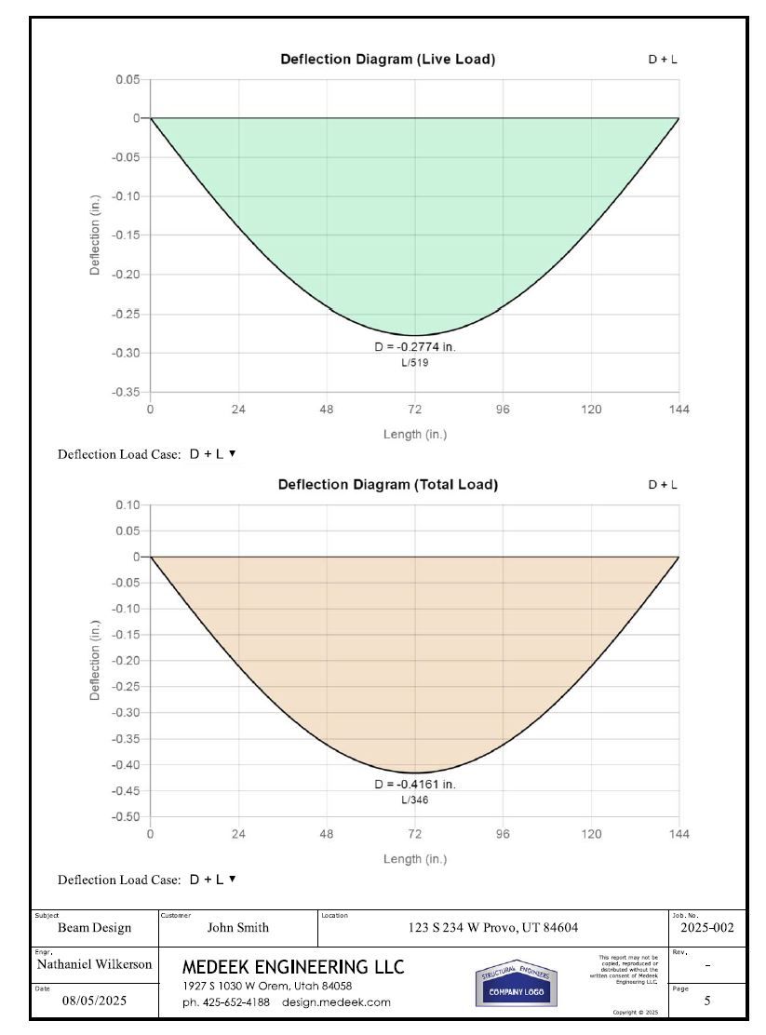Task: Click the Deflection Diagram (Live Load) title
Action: pos(387,60)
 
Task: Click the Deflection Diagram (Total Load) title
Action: pos(387,485)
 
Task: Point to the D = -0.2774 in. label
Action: pos(415,347)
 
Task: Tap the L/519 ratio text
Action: pos(415,363)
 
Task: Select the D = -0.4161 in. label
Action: pos(415,785)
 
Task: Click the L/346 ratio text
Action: pos(415,800)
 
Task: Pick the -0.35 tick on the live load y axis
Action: pos(127,392)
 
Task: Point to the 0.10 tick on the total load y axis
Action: pos(128,505)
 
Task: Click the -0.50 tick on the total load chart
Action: pos(127,817)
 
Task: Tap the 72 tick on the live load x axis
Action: pos(415,410)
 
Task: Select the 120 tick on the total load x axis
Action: pos(591,834)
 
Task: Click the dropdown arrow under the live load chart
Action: pos(232,454)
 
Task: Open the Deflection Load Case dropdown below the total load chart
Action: pos(212,880)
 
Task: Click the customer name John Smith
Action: pos(237,928)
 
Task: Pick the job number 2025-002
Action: pos(707,928)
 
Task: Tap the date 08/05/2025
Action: pos(94,1002)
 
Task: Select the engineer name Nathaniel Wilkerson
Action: pos(94,965)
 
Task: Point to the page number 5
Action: pos(707,1002)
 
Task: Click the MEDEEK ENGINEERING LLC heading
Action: pos(293,968)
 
